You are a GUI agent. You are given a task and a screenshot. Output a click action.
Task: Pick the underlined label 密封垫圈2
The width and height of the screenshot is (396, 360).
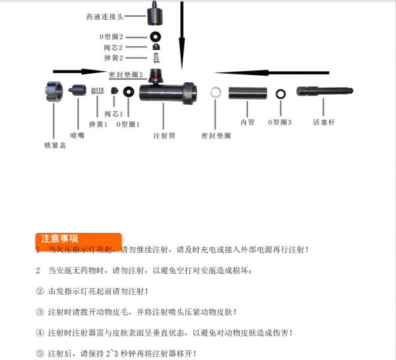[125, 75]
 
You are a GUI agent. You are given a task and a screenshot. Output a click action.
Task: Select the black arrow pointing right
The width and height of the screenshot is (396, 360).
[80, 71]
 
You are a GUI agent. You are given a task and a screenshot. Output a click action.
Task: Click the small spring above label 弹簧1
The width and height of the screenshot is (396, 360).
[98, 91]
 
